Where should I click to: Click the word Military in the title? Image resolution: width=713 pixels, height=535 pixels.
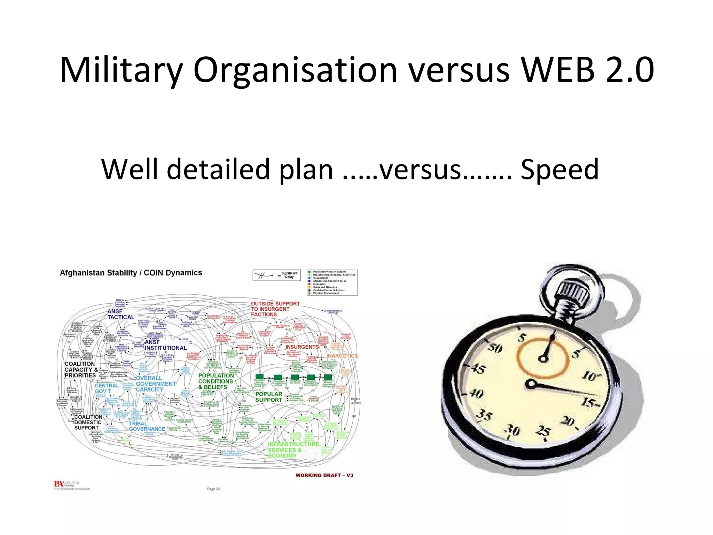[121, 70]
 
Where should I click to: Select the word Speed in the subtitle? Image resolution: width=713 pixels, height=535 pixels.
[559, 169]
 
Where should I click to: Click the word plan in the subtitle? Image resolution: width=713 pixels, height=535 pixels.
[306, 170]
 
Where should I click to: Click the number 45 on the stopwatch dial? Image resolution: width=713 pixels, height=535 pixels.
[478, 368]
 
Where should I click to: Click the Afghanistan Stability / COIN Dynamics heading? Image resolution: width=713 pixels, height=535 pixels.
[131, 273]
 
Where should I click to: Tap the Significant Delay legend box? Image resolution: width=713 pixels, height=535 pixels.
[276, 275]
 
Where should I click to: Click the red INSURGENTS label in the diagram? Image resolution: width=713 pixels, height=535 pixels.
[302, 347]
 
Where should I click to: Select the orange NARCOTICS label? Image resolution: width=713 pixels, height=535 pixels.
[343, 356]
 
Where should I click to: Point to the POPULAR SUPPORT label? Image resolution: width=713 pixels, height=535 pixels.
[268, 397]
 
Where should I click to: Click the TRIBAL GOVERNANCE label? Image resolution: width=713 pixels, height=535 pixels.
[147, 426]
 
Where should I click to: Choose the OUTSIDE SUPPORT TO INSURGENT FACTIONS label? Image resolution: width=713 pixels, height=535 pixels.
[275, 309]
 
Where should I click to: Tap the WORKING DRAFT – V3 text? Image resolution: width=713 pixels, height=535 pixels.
[324, 475]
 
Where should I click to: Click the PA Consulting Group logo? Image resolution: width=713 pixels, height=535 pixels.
[66, 484]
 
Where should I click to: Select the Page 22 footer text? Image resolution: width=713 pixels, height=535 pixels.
[213, 489]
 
